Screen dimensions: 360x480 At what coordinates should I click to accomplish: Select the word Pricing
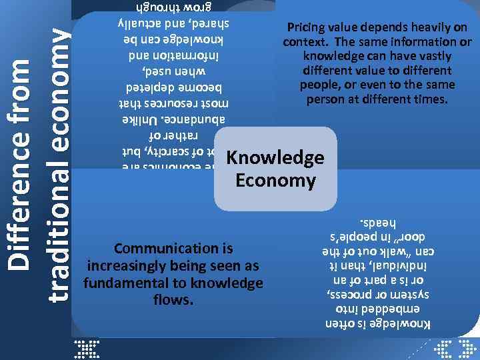[x=306, y=27]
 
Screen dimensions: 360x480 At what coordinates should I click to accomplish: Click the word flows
[x=173, y=300]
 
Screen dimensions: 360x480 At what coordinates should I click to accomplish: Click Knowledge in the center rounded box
[x=275, y=158]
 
